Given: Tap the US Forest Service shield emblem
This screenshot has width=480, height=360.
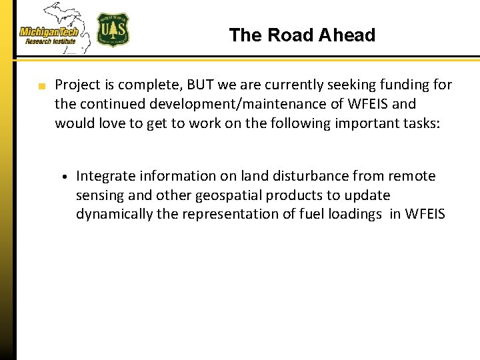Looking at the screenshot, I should coord(113,30).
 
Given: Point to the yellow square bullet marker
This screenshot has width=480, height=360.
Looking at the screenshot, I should coord(41,86).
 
